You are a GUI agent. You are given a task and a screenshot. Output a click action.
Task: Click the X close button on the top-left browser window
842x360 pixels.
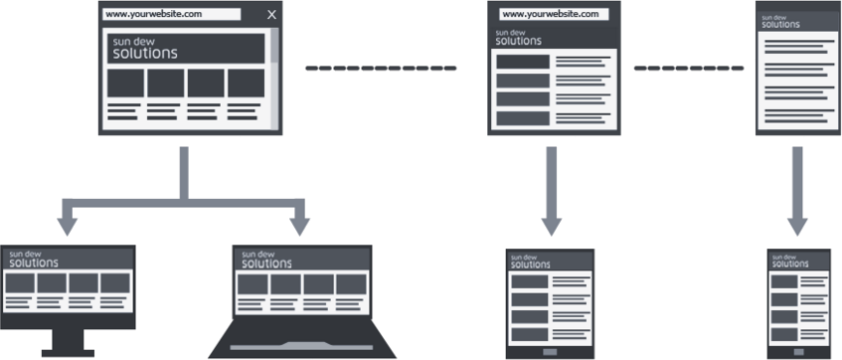272,15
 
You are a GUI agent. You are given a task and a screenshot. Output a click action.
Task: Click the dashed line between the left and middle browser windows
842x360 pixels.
380,69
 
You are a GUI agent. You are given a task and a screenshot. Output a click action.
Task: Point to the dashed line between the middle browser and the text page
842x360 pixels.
687,69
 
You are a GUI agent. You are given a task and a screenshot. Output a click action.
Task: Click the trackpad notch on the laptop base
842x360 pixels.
303,346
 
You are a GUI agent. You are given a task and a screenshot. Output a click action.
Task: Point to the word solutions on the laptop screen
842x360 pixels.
265,264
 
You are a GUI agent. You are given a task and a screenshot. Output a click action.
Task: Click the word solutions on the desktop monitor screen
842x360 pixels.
34,264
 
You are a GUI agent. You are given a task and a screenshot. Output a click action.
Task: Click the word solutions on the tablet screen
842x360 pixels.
530,265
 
